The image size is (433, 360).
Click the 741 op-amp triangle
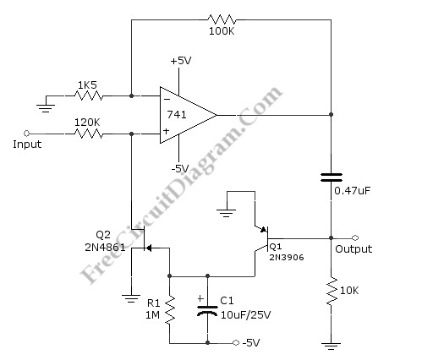pos(184,114)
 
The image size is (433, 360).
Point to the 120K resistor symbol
pos(86,133)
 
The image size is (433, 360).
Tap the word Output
pos(354,249)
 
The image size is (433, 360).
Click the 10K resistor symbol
pos(330,291)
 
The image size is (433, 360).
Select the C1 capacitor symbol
pos(207,309)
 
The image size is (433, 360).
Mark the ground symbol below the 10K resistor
pos(330,345)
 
